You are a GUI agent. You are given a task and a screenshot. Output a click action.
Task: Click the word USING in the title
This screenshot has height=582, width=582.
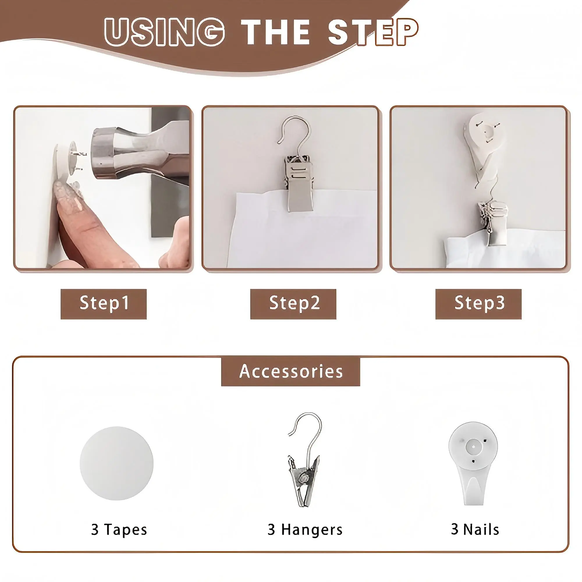click(164, 32)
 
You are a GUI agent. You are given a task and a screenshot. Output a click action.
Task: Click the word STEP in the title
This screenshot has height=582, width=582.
click(373, 32)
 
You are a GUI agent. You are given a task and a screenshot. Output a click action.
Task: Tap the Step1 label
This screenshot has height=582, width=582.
click(104, 304)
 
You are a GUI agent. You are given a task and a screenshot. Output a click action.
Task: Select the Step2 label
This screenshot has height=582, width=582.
click(293, 304)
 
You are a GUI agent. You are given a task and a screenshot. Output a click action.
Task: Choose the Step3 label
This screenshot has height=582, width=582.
click(478, 304)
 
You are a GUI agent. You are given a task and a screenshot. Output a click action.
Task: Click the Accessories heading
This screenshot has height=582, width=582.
click(291, 371)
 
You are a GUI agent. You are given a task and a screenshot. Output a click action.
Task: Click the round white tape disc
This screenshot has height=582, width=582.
click(117, 463)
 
